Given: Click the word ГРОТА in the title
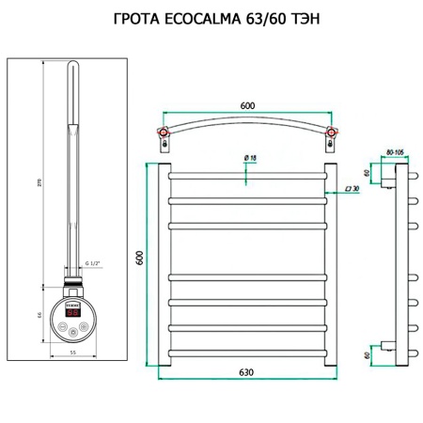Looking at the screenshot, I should click(138, 21).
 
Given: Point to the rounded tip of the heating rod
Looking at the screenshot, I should click(71, 68).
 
